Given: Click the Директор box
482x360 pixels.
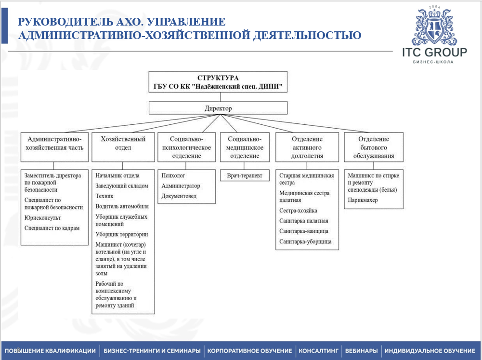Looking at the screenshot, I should [x=218, y=108].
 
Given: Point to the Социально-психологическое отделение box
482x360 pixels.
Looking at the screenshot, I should [x=185, y=147].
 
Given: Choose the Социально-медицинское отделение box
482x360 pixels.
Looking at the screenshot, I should [x=245, y=147].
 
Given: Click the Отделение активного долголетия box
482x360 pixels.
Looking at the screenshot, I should [x=307, y=147].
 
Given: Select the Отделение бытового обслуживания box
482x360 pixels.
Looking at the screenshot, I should [x=374, y=147].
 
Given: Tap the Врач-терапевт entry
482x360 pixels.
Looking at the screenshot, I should [x=245, y=176].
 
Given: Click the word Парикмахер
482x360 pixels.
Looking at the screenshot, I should [x=363, y=200].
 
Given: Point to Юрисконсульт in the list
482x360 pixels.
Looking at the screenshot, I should [x=43, y=218].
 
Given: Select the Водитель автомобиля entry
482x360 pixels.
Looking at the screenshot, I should [x=122, y=206].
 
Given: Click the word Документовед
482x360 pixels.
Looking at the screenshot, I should [x=179, y=196].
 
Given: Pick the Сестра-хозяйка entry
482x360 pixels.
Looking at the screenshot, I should [x=298, y=211].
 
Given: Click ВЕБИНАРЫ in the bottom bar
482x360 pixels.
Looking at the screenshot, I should [x=362, y=351].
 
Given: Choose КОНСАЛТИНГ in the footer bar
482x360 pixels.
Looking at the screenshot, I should [x=319, y=351].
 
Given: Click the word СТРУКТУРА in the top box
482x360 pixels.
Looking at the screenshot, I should [x=218, y=78].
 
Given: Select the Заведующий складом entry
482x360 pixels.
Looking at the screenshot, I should [x=122, y=186].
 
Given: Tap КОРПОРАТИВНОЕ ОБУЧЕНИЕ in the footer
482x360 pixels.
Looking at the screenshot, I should [x=249, y=351].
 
